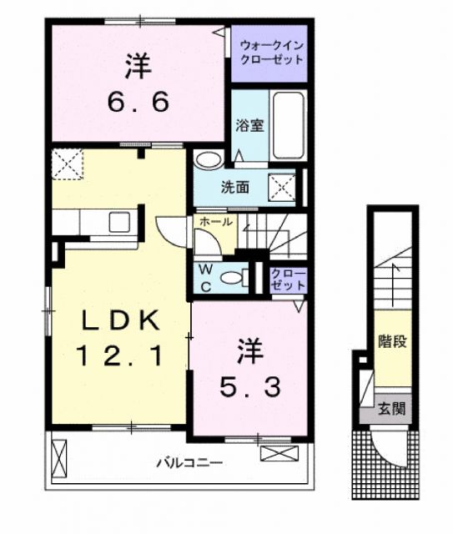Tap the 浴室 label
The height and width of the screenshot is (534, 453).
pyautogui.click(x=249, y=126)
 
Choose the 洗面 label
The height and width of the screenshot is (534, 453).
pyautogui.click(x=235, y=186)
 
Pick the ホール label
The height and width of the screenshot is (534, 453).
pyautogui.click(x=216, y=222)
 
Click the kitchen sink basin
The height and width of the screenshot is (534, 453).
pyautogui.click(x=116, y=222)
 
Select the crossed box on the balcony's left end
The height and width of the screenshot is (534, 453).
pyautogui.click(x=58, y=457)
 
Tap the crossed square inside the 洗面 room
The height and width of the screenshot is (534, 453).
pyautogui.click(x=282, y=186)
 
